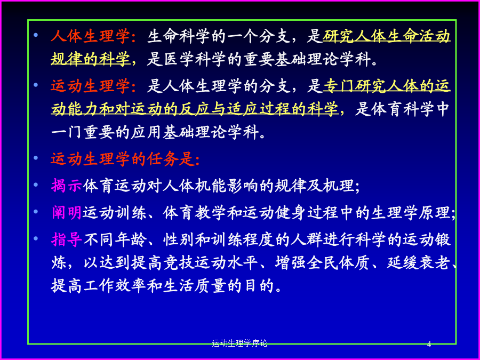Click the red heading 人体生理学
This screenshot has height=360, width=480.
click(90, 36)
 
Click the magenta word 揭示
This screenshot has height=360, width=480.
click(67, 186)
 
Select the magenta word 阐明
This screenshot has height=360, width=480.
click(67, 212)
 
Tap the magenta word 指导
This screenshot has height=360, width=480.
click(67, 239)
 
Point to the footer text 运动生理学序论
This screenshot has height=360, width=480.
click(239, 343)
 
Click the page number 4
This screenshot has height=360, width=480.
click(429, 344)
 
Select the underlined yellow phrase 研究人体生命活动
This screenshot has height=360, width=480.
click(387, 36)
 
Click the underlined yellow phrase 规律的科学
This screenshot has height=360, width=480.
click(90, 59)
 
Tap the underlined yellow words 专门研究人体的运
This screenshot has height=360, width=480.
click(387, 86)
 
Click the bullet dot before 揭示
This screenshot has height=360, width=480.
click(36, 185)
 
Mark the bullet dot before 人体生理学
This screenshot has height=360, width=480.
click(36, 35)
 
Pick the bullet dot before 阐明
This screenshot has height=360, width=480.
click(36, 211)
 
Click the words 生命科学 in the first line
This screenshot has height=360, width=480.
click(178, 36)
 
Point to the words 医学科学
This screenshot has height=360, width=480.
click(195, 59)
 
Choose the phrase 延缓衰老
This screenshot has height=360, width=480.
click(419, 262)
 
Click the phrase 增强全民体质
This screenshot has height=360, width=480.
click(322, 262)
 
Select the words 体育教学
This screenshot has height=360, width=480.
click(194, 212)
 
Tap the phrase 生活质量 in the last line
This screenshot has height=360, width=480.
click(194, 285)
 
